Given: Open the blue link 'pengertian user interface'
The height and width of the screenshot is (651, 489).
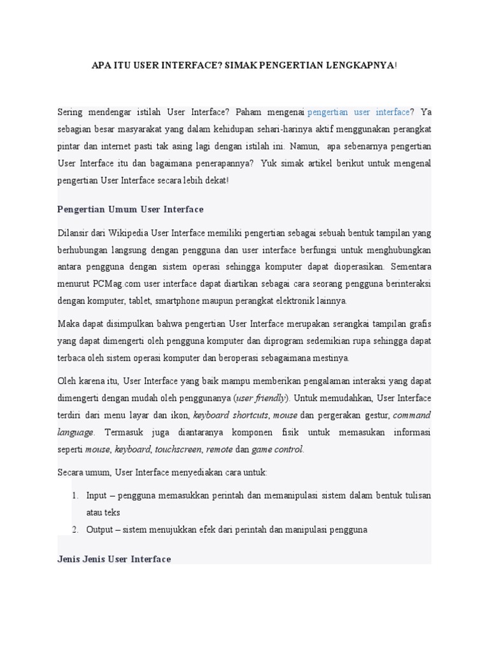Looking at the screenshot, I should pyautogui.click(x=359, y=112).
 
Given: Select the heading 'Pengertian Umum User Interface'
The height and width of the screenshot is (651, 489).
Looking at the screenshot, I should pyautogui.click(x=131, y=209).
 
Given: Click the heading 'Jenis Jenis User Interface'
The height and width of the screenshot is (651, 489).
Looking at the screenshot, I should pyautogui.click(x=115, y=559).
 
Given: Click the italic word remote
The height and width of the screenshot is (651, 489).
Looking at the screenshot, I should pyautogui.click(x=218, y=449).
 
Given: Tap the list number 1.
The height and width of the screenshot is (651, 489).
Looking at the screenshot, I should pyautogui.click(x=74, y=495).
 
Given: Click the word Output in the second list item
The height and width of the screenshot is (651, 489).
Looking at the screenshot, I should pyautogui.click(x=100, y=529).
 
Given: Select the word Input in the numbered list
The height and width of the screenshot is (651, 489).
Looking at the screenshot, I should pyautogui.click(x=97, y=495).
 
